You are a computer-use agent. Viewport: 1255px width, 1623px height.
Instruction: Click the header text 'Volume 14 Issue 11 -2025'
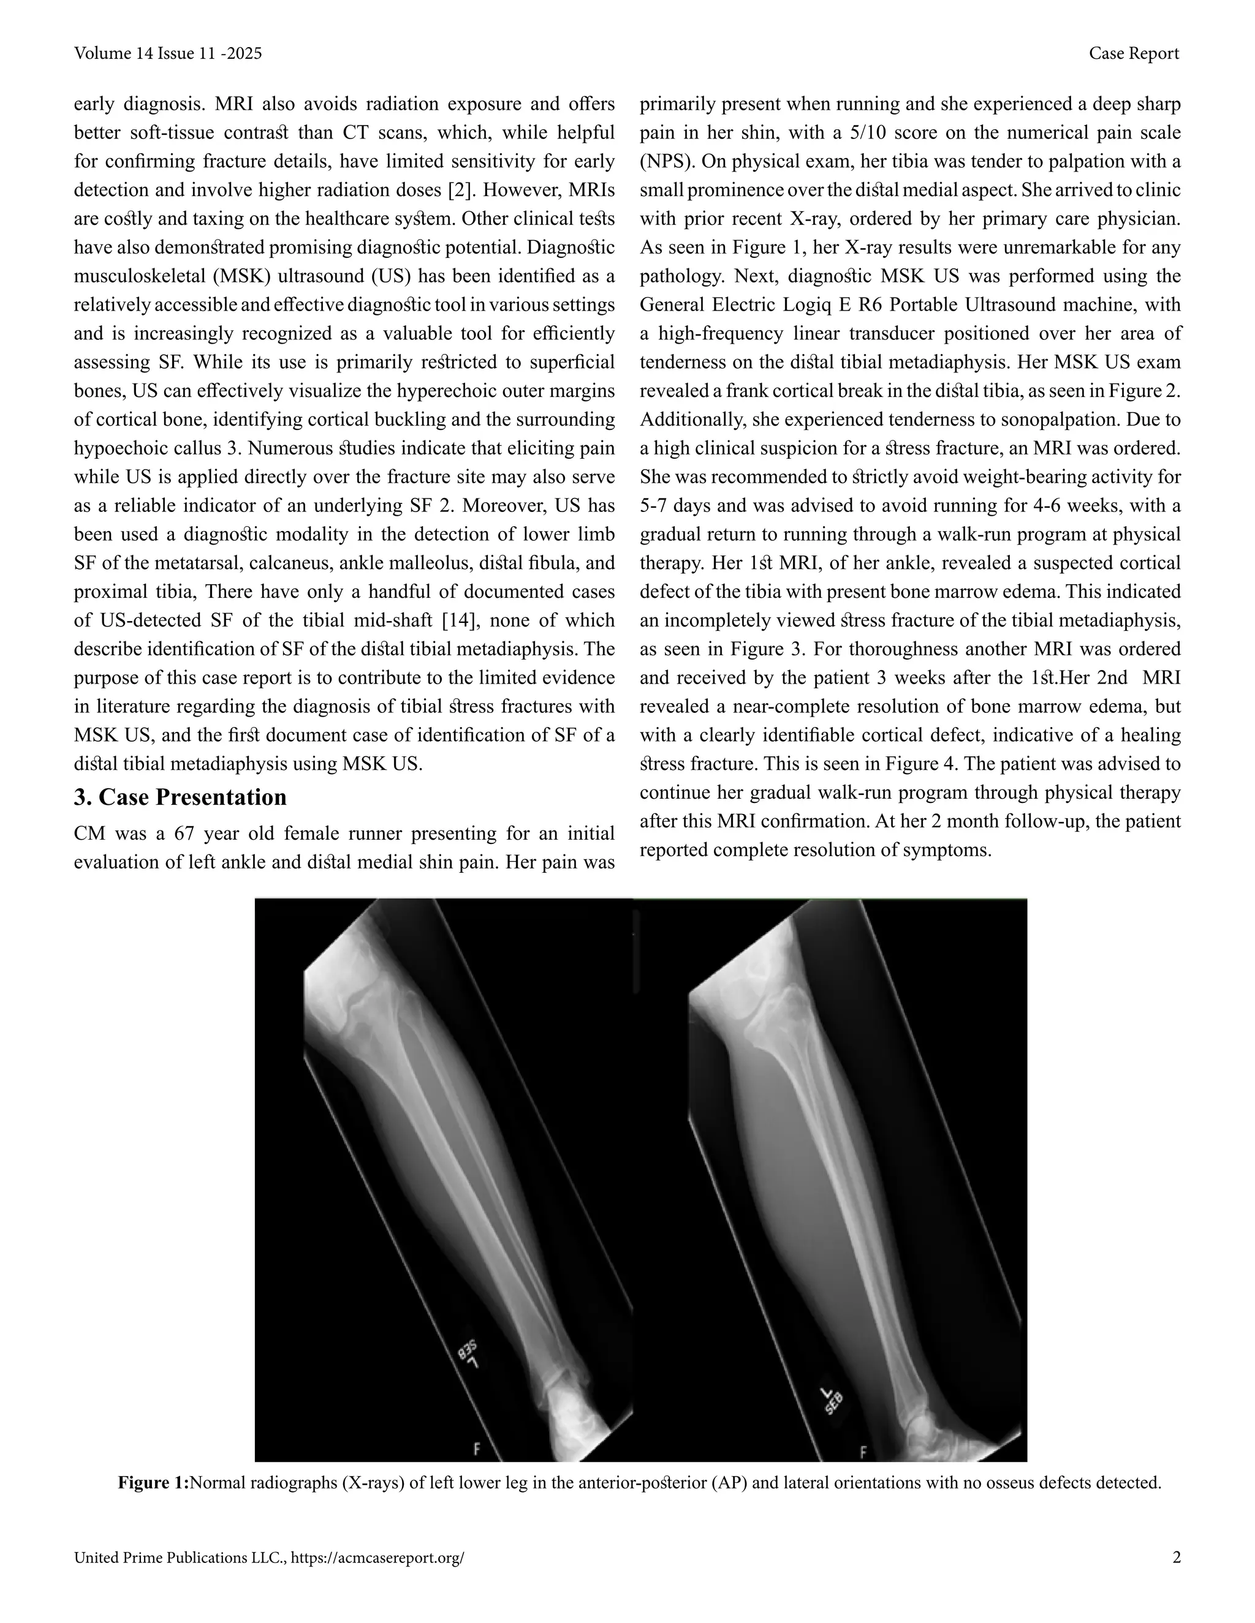point(167,53)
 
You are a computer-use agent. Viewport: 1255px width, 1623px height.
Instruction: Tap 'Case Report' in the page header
point(1133,53)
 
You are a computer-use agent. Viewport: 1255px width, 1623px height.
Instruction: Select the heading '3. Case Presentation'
point(180,797)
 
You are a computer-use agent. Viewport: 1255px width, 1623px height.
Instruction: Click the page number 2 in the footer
point(1176,1557)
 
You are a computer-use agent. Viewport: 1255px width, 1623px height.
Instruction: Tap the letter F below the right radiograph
point(862,1452)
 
